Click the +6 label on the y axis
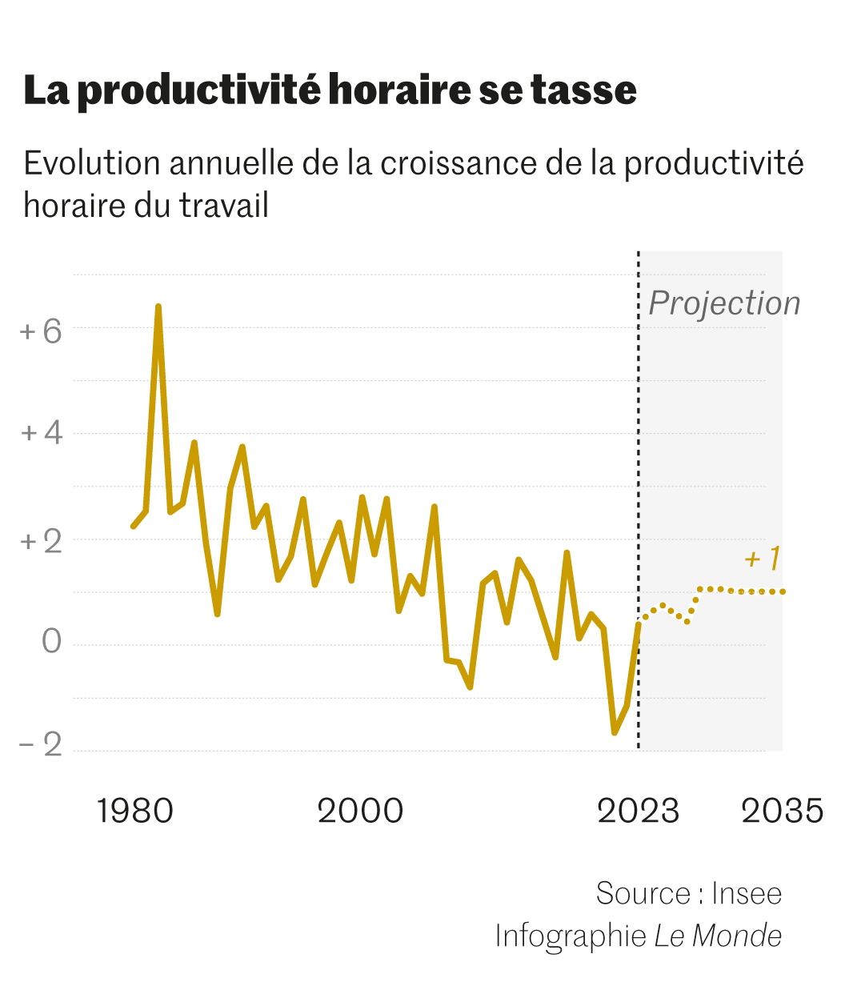click(x=42, y=331)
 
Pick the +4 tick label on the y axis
click(x=42, y=433)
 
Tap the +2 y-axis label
click(x=42, y=542)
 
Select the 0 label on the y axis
click(x=51, y=641)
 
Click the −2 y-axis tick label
click(x=41, y=745)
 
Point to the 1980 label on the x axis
click(x=134, y=811)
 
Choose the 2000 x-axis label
click(x=360, y=811)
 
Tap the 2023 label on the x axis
click(x=638, y=811)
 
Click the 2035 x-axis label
click(x=782, y=811)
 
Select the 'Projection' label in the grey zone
click(x=724, y=303)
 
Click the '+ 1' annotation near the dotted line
click(x=762, y=558)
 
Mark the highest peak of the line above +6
click(x=158, y=307)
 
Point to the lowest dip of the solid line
click(x=615, y=731)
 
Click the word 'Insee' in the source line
click(x=747, y=893)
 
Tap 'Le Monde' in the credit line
click(x=718, y=935)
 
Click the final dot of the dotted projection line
click(x=783, y=591)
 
